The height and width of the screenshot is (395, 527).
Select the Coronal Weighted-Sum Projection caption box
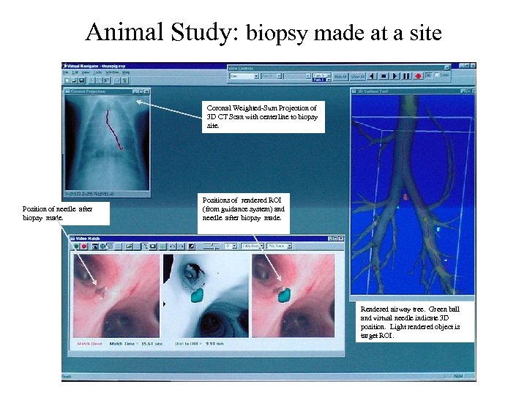click(x=261, y=117)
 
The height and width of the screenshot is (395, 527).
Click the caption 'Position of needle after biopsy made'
click(x=65, y=213)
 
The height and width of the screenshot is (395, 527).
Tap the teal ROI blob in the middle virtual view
click(x=195, y=295)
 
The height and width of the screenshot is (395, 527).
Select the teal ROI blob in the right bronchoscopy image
click(x=284, y=294)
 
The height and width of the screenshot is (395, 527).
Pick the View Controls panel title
click(x=242, y=68)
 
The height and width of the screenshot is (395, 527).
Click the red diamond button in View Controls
click(x=418, y=76)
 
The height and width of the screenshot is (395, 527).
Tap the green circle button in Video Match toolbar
click(x=76, y=247)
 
